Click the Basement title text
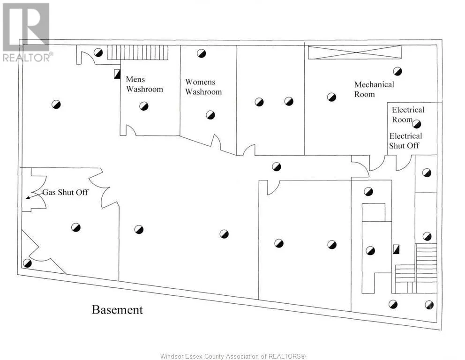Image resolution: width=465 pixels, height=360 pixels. click(x=117, y=310)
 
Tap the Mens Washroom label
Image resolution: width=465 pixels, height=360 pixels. click(x=144, y=84)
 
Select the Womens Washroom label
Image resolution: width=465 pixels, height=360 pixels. click(x=203, y=87)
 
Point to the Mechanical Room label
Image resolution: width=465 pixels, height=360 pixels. click(x=374, y=89)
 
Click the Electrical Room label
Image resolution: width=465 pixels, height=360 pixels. click(x=407, y=114)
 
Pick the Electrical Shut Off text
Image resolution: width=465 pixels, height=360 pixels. click(x=405, y=141)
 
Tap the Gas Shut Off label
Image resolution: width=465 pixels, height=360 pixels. click(x=66, y=192)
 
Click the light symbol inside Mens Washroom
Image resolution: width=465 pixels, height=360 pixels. click(x=144, y=106)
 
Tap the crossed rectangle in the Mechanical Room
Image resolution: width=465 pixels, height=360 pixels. click(x=354, y=52)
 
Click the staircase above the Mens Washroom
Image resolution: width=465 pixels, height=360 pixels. click(x=137, y=52)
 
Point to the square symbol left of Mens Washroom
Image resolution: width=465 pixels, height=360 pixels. click(x=117, y=74)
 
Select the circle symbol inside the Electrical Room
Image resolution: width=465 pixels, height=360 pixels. click(x=417, y=124)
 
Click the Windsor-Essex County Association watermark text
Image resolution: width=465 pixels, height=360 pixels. click(x=232, y=356)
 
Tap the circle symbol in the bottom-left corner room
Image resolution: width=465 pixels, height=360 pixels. click(x=27, y=263)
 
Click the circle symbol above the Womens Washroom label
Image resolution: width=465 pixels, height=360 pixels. click(x=201, y=53)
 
